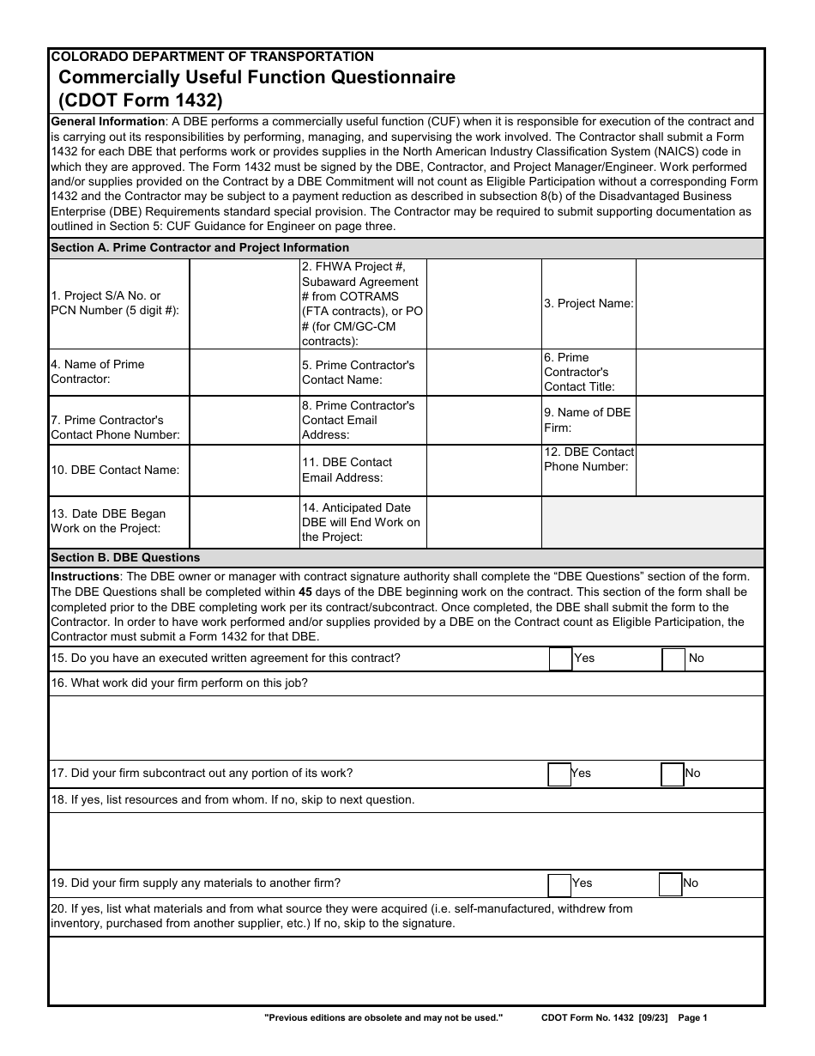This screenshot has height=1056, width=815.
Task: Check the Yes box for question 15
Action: tap(560, 658)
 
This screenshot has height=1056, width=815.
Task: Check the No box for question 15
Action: tap(674, 658)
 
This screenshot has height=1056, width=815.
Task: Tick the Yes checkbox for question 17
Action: tap(559, 774)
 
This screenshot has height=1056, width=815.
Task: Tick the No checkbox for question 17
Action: tap(673, 774)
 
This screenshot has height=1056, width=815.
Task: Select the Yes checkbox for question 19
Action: tap(559, 884)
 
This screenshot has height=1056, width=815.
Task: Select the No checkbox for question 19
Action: tap(671, 884)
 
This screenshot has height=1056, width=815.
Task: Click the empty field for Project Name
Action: tap(699, 303)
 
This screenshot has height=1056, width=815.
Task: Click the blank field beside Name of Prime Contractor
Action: tap(244, 372)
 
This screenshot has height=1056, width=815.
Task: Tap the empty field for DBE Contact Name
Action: tap(244, 470)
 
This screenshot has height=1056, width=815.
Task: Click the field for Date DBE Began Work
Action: tap(244, 521)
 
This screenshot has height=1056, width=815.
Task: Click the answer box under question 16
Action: tap(406, 727)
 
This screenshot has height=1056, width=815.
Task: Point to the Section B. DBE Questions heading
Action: tap(125, 557)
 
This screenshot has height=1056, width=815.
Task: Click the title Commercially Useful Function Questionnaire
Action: tap(257, 77)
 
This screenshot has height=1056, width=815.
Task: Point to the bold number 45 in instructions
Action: tap(305, 592)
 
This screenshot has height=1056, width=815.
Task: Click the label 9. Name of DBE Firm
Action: tap(587, 419)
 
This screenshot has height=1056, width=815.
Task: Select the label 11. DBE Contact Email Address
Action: tap(347, 470)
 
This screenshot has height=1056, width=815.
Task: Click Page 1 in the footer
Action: tap(692, 1017)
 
